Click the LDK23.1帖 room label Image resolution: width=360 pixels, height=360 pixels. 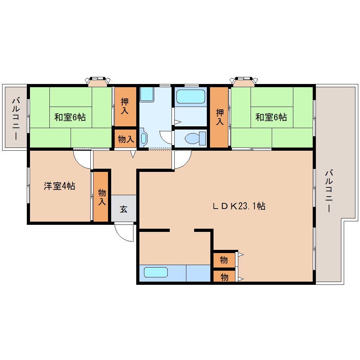point(239,206)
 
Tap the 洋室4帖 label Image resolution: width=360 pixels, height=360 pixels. point(59,186)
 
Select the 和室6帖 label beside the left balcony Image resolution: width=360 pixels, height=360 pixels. point(70,117)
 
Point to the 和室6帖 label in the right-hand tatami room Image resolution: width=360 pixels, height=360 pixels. point(271,117)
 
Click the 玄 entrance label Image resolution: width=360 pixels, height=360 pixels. point(124,209)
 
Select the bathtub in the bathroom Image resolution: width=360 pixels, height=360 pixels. point(191,97)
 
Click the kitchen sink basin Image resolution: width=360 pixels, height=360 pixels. point(155,272)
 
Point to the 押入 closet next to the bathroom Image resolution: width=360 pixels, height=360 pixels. point(220,117)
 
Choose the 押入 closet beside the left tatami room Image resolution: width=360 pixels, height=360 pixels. point(125,106)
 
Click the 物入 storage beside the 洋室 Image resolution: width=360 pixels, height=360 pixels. point(101,197)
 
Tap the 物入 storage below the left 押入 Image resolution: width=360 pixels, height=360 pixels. point(125,139)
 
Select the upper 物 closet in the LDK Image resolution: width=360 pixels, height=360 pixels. point(224,260)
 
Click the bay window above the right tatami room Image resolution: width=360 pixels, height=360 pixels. point(243,81)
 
